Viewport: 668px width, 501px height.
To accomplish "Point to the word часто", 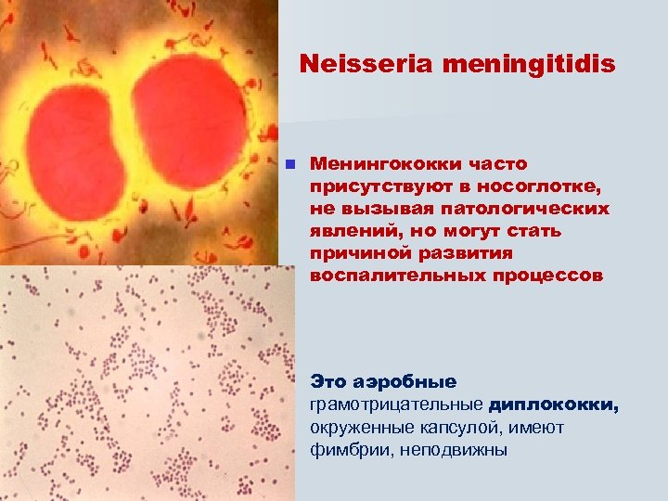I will point(496,164).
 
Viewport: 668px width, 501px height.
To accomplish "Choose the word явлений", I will point(348,231).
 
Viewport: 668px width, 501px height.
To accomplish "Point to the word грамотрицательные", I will point(396,405).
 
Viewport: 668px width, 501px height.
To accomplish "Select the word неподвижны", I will point(456,450).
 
